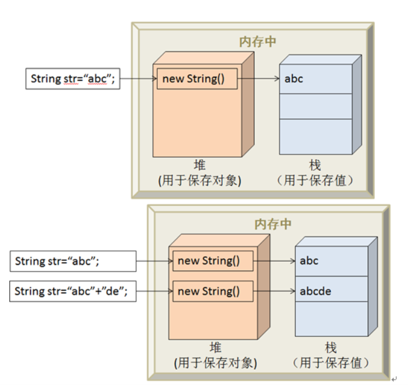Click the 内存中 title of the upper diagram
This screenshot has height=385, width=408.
[x=257, y=42]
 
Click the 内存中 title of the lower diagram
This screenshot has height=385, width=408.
[x=272, y=224]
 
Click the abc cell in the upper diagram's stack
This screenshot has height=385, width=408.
[x=316, y=78]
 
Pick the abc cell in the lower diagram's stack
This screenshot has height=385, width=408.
[x=331, y=260]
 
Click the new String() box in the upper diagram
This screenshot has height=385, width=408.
[x=196, y=79]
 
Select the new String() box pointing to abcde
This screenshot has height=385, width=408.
[x=212, y=291]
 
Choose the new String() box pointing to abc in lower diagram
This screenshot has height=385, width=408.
[x=212, y=261]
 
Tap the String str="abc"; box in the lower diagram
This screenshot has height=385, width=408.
[x=72, y=261]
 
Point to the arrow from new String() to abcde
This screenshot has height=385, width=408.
[x=274, y=291]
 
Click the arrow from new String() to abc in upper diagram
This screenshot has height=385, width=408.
[x=258, y=79]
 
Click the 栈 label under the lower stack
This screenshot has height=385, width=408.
[x=332, y=348]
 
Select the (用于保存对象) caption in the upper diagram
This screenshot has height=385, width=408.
[x=200, y=181]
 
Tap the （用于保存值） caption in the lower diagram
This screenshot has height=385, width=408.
[x=332, y=363]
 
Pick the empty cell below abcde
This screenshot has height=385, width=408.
[x=331, y=319]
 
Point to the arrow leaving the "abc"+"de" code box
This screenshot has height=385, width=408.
[x=154, y=291]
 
